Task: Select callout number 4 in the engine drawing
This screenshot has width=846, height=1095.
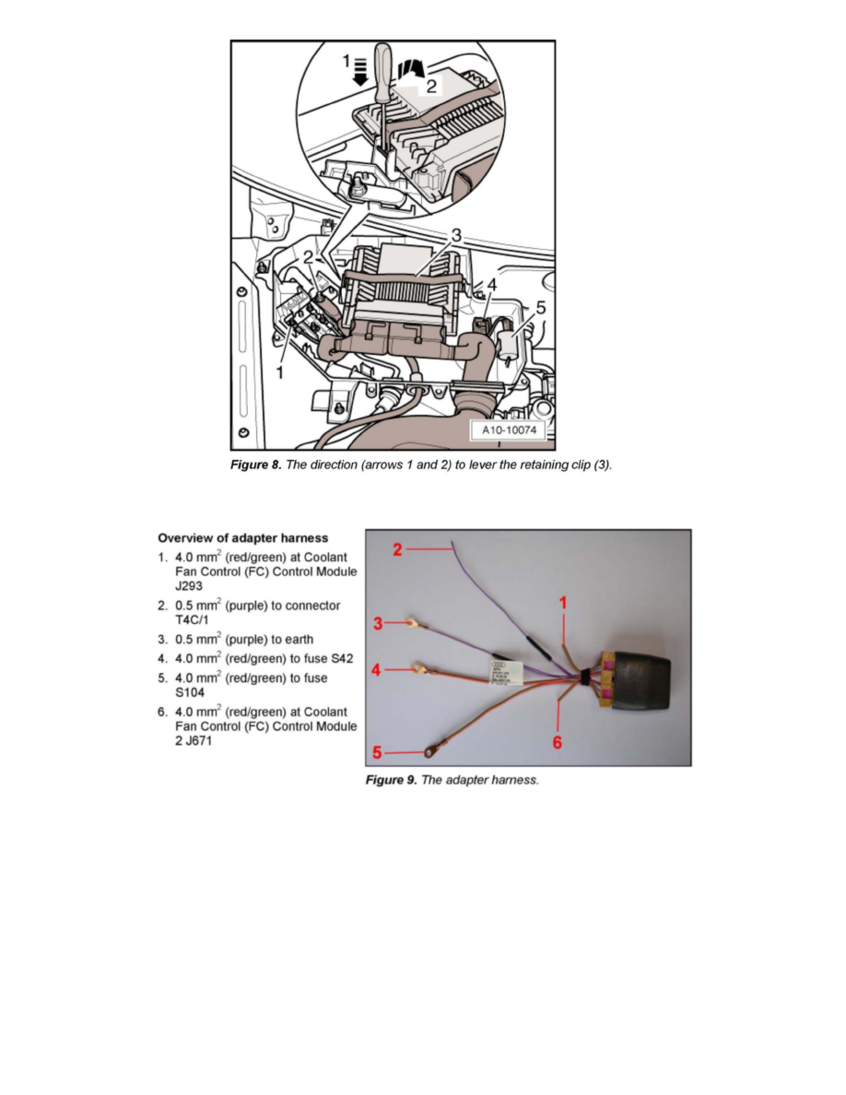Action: coord(492,286)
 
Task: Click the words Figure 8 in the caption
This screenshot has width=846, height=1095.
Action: coord(255,465)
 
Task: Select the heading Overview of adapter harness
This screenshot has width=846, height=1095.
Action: coord(242,537)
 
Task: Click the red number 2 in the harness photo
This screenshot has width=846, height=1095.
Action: coord(397,550)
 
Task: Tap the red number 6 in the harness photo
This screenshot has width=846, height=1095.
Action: coord(558,742)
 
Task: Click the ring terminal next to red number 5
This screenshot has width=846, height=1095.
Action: coord(429,753)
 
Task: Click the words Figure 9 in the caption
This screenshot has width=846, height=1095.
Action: coord(392,781)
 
